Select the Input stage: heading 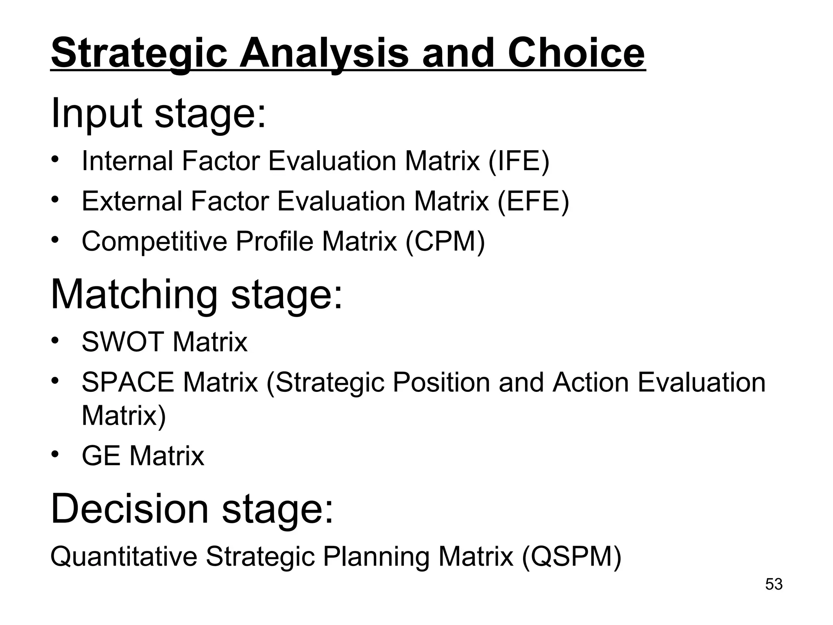pyautogui.click(x=158, y=113)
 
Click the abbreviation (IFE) pyautogui.click(x=519, y=161)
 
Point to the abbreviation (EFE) pyautogui.click(x=533, y=201)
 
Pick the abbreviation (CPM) pyautogui.click(x=445, y=241)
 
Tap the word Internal pyautogui.click(x=127, y=161)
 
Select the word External pyautogui.click(x=132, y=201)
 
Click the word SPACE pyautogui.click(x=128, y=382)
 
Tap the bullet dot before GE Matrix pyautogui.click(x=56, y=453)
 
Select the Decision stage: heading pyautogui.click(x=192, y=509)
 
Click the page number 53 pyautogui.click(x=774, y=584)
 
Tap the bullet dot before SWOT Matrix pyautogui.click(x=56, y=339)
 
